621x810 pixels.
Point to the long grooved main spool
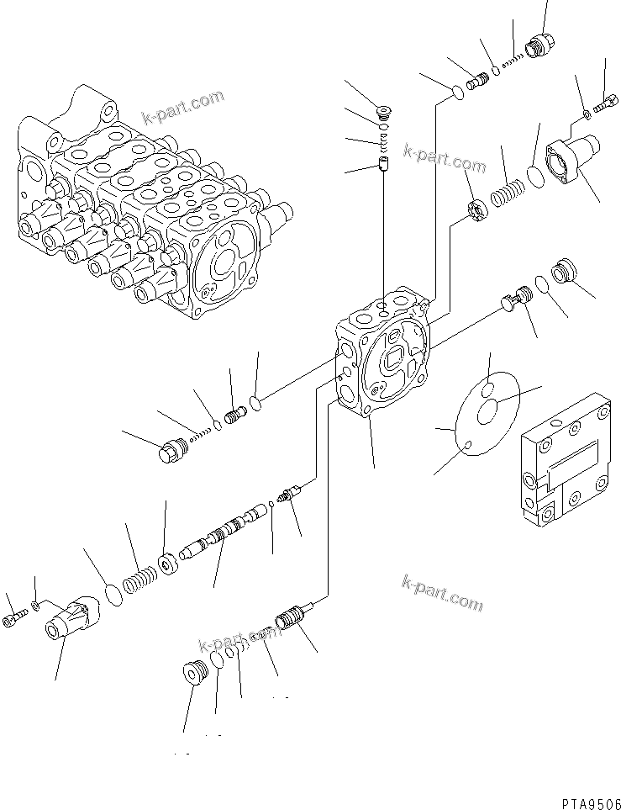[227, 533]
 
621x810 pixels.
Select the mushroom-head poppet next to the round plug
[513, 299]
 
